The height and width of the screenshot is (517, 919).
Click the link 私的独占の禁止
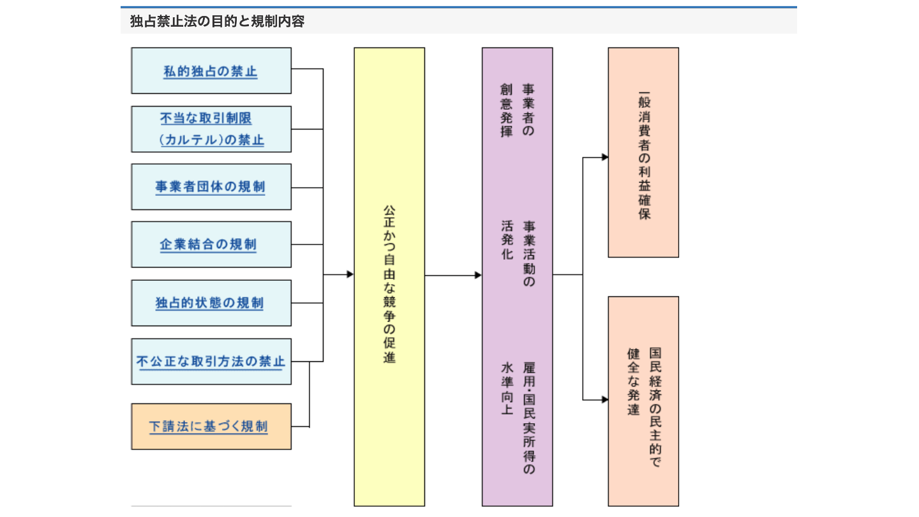[211, 71]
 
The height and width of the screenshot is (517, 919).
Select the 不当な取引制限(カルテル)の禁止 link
[211, 130]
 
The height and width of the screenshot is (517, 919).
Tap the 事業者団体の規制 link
[211, 187]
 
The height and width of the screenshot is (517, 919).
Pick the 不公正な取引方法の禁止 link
[211, 362]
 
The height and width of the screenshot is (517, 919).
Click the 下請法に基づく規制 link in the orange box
[209, 427]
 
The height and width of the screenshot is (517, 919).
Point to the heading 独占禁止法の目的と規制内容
[217, 21]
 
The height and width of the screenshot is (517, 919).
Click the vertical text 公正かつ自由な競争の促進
[389, 284]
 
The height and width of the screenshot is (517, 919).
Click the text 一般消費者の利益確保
[644, 156]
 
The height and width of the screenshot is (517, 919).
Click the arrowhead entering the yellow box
[350, 274]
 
